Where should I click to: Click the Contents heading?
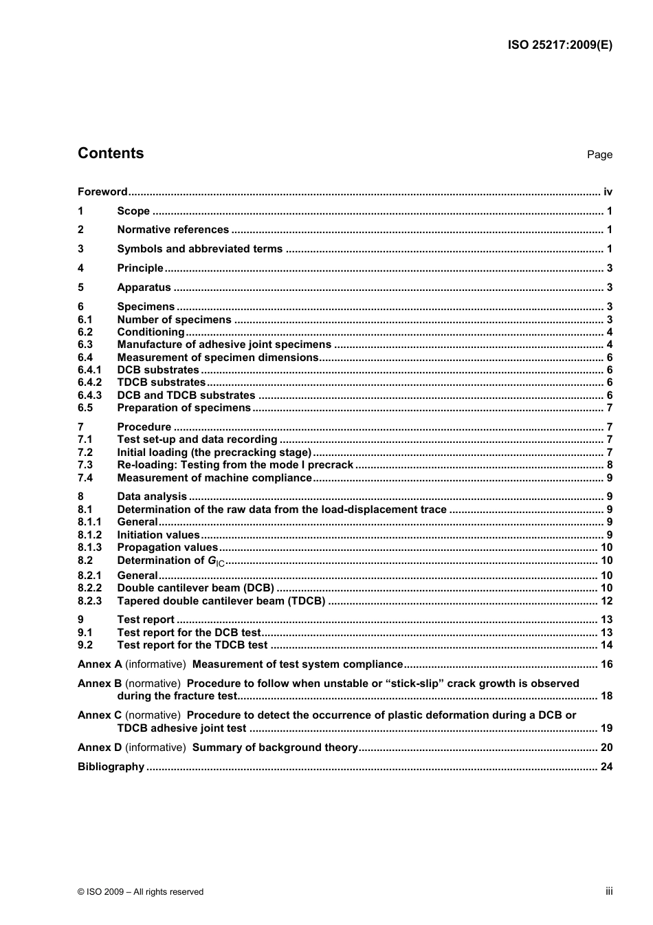tap(111, 153)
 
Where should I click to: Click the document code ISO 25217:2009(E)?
tap(560, 45)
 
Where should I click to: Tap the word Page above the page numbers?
tap(599, 155)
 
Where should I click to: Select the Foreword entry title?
tap(102, 192)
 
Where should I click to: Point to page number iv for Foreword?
tap(608, 192)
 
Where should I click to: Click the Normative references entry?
tap(173, 230)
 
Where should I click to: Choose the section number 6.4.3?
tap(89, 395)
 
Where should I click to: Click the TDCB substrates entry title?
tap(161, 382)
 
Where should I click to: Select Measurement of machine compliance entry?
tap(214, 478)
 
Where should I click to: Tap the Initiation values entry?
tap(158, 535)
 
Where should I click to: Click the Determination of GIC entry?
tap(170, 561)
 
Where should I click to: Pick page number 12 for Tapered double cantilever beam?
tap(606, 601)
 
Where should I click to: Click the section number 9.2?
tap(85, 645)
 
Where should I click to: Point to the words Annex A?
tap(100, 664)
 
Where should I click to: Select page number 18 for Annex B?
tap(606, 696)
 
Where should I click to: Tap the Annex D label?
tap(100, 748)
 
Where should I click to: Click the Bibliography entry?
tap(111, 767)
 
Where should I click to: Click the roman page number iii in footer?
tap(609, 891)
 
